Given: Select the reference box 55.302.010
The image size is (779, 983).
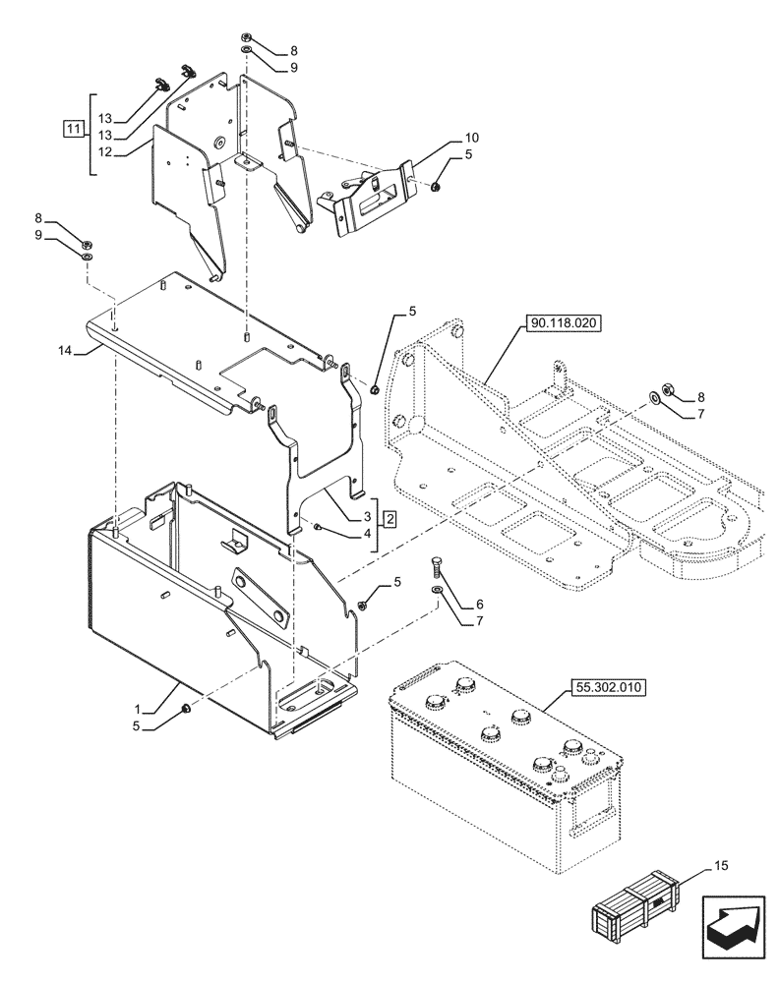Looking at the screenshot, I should pos(607,688).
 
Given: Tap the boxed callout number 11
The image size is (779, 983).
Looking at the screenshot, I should pos(71,128).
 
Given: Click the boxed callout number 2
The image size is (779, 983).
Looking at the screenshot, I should pos(389,517).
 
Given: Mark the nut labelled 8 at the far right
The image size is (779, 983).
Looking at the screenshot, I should pos(665,390).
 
